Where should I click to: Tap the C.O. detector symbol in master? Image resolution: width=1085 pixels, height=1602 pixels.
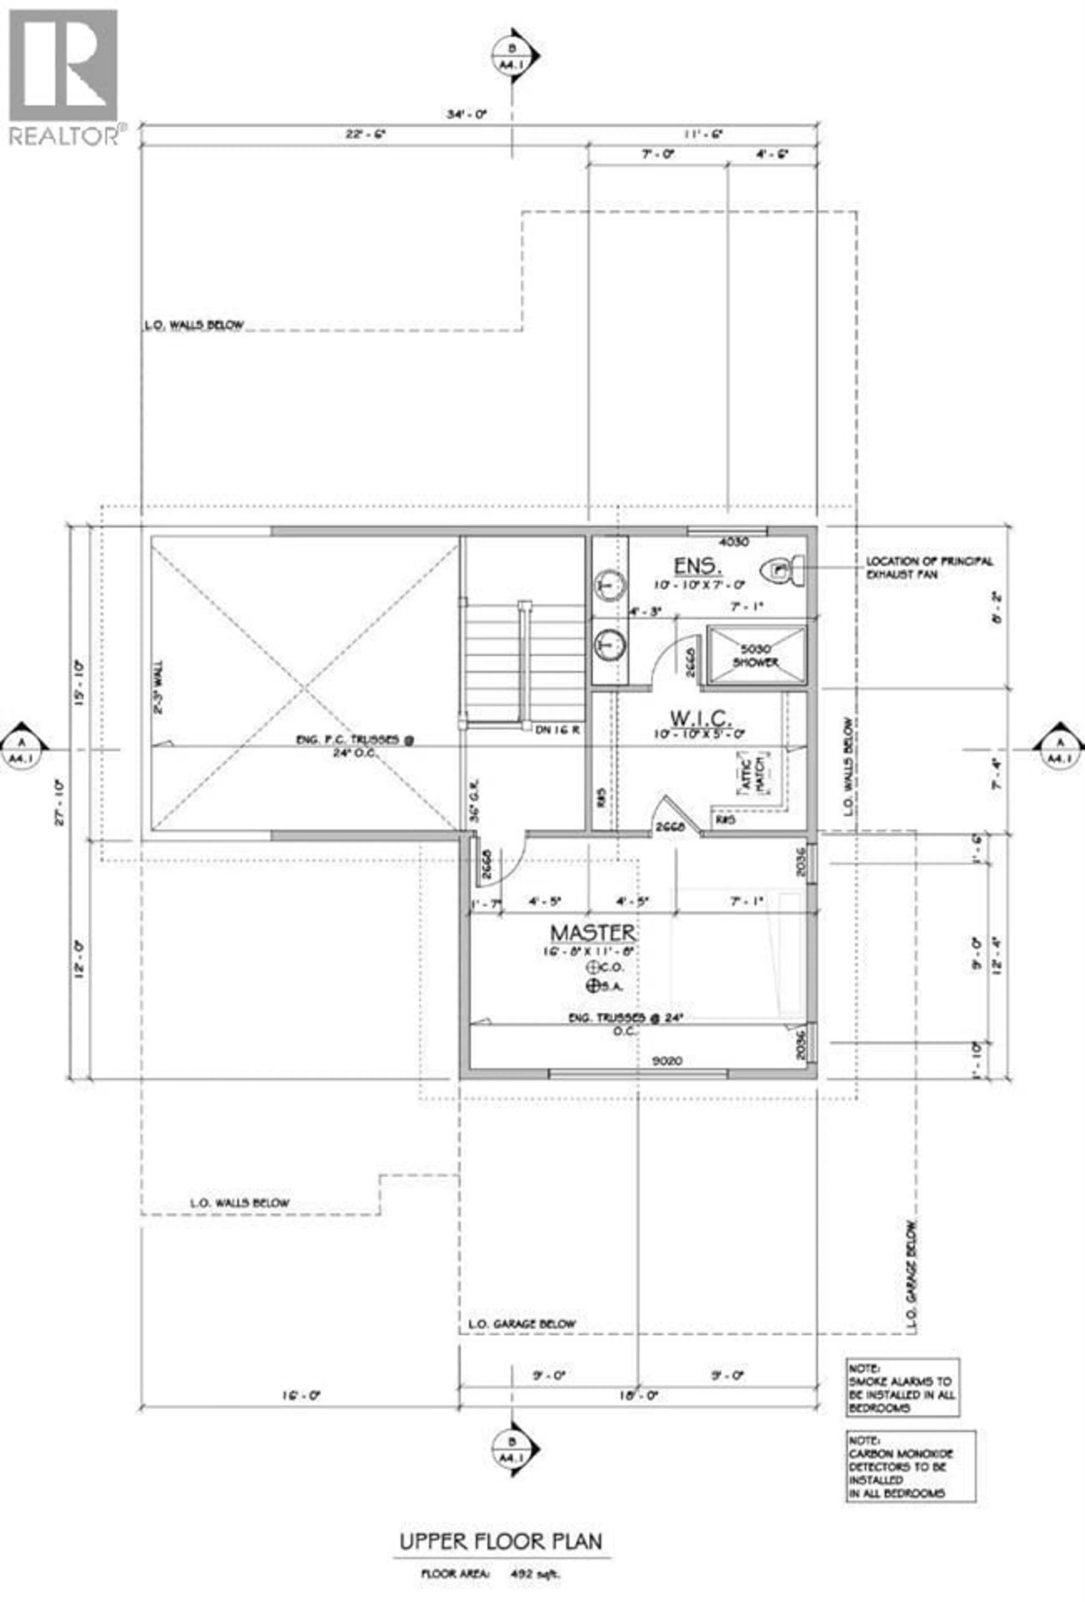(x=591, y=967)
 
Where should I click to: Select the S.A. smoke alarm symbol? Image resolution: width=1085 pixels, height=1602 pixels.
(x=591, y=986)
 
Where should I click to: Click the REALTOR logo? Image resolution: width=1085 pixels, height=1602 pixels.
(x=63, y=76)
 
